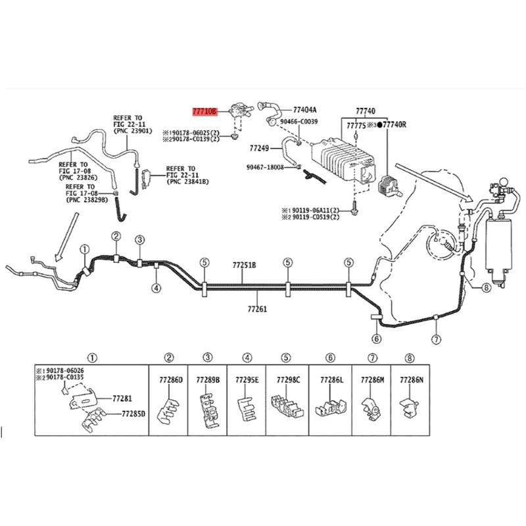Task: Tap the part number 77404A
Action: [x=305, y=110]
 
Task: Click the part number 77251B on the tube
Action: [x=244, y=266]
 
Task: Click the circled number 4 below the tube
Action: [x=156, y=288]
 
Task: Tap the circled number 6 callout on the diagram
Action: [x=377, y=339]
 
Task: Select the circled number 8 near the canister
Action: [x=486, y=287]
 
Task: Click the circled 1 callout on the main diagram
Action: [x=84, y=250]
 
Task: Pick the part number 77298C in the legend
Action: [x=288, y=380]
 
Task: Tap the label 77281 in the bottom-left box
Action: [x=122, y=398]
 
